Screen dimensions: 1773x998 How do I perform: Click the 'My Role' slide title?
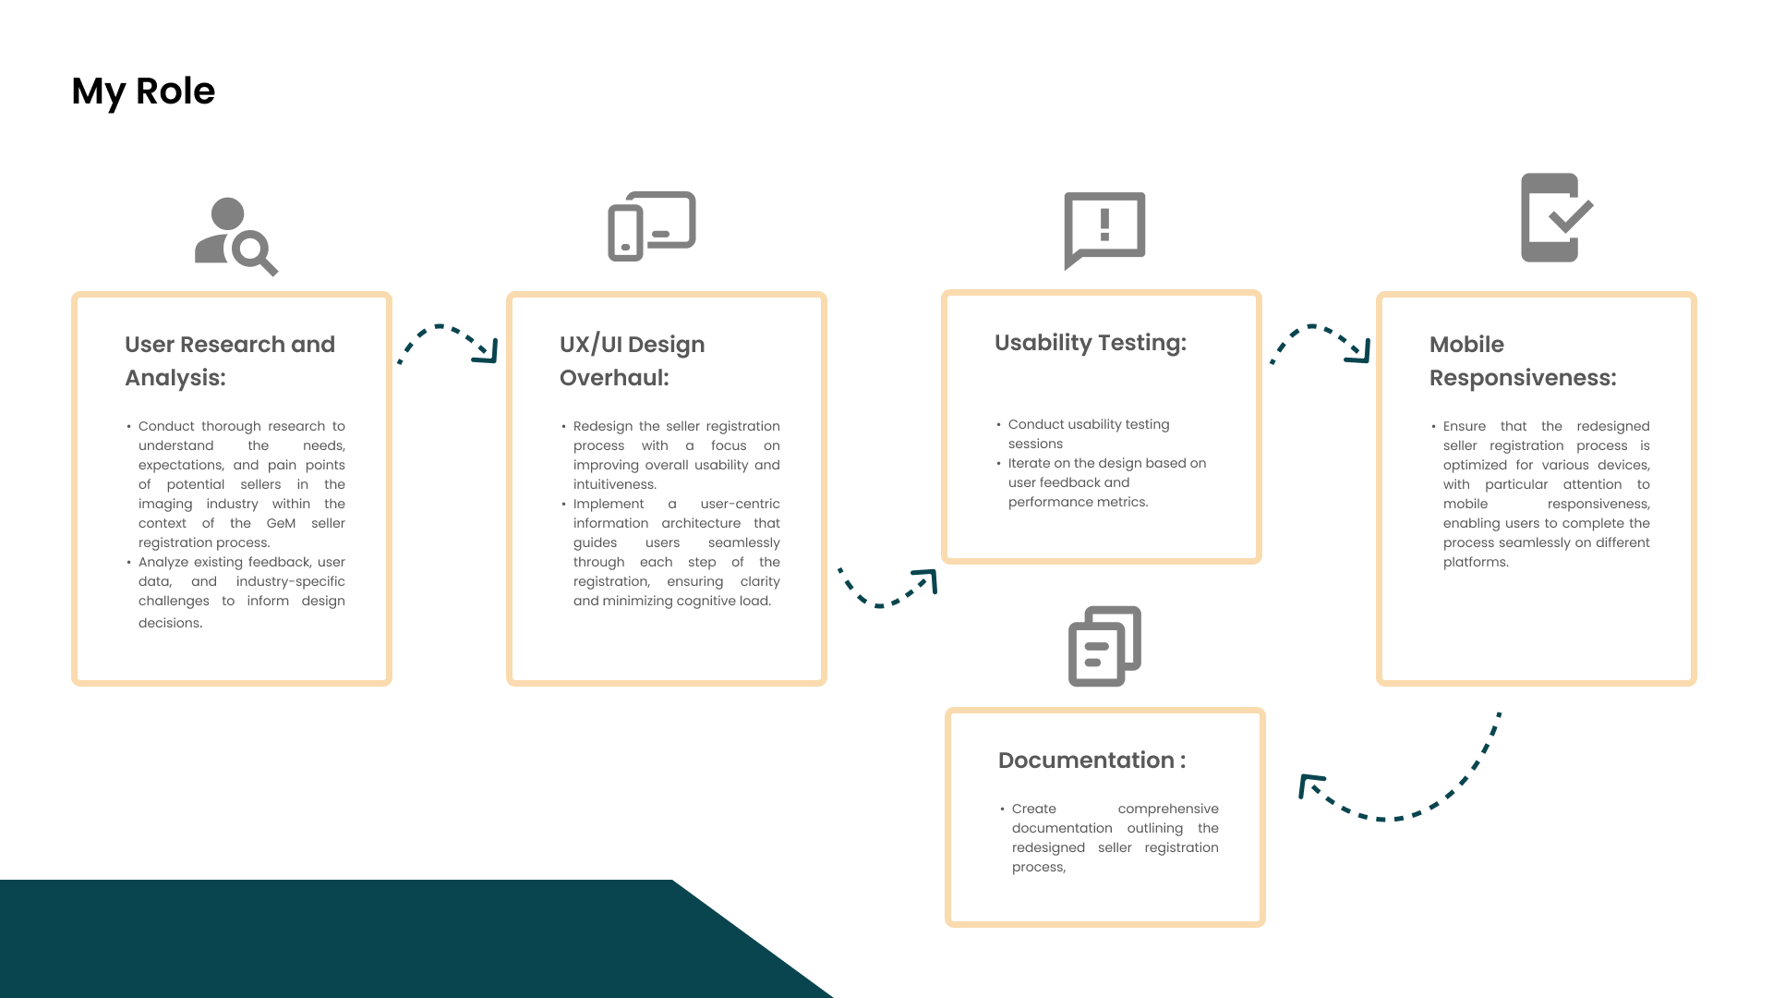click(x=143, y=91)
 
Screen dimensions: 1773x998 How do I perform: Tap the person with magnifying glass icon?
click(x=235, y=237)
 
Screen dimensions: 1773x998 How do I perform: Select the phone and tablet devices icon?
click(x=651, y=225)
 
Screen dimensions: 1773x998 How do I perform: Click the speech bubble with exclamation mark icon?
click(x=1104, y=229)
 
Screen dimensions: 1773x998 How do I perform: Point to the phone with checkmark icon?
click(x=1556, y=218)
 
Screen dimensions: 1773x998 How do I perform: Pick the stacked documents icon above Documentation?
click(x=1104, y=646)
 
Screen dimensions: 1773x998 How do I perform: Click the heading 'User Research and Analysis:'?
click(x=230, y=360)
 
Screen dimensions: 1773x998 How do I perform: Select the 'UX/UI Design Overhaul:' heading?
click(x=632, y=360)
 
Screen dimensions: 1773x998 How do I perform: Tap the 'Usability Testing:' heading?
click(x=1090, y=343)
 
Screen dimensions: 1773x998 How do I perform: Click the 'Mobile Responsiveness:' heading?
click(x=1523, y=360)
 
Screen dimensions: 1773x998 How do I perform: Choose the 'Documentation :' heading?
click(x=1092, y=761)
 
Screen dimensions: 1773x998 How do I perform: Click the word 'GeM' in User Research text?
click(x=281, y=523)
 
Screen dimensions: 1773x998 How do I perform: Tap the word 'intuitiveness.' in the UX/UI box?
click(x=614, y=484)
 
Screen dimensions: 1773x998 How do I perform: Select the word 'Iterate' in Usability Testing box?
click(x=1030, y=463)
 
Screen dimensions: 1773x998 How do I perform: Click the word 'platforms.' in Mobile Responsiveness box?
click(x=1476, y=562)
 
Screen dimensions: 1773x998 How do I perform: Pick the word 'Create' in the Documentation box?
click(x=1033, y=809)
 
